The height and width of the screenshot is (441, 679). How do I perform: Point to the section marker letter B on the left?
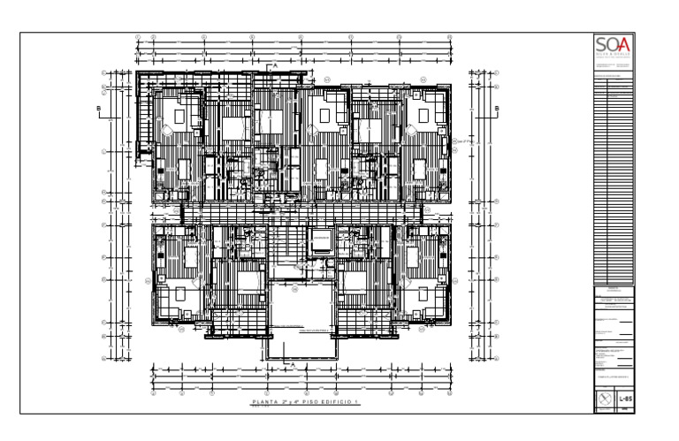point(98,109)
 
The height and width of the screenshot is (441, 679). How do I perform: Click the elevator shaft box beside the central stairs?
point(319,240)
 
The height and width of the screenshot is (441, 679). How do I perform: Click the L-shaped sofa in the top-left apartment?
point(186,116)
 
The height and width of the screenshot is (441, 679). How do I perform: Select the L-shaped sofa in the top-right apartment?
point(422,116)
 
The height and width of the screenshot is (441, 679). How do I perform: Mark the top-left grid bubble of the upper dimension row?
point(139,38)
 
